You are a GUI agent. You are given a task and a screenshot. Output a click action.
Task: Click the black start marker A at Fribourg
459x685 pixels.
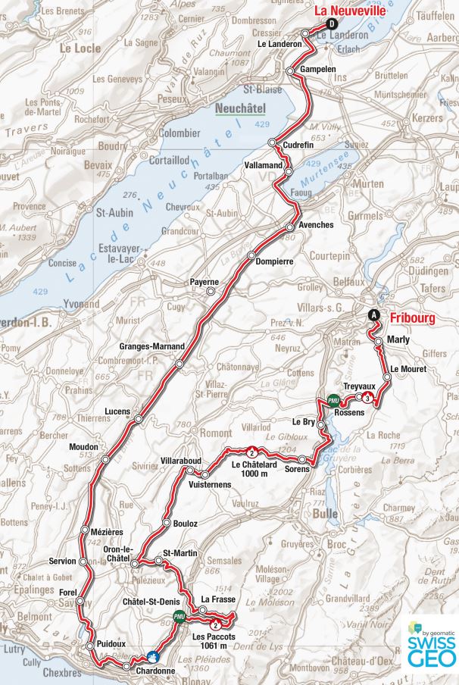[x=373, y=315]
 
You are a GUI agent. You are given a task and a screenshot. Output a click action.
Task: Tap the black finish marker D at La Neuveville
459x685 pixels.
[x=331, y=23]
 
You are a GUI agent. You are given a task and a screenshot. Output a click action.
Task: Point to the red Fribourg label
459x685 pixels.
[x=413, y=318]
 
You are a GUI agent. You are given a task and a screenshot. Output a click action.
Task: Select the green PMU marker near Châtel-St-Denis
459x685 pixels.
[x=180, y=616]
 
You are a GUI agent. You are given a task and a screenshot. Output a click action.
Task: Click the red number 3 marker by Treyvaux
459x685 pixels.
[x=367, y=398]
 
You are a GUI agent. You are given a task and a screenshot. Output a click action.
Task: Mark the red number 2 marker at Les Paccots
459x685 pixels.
[x=217, y=625]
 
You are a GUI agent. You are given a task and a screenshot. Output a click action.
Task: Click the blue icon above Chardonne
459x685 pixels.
[x=153, y=657]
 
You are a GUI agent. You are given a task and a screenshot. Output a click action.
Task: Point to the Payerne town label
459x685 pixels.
[x=205, y=283]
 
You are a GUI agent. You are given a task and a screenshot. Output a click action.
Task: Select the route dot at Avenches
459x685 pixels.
[x=289, y=227]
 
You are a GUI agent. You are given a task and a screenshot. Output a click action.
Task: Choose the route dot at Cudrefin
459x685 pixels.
[x=273, y=143]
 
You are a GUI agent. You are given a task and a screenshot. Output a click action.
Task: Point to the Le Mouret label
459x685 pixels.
[x=409, y=369]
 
